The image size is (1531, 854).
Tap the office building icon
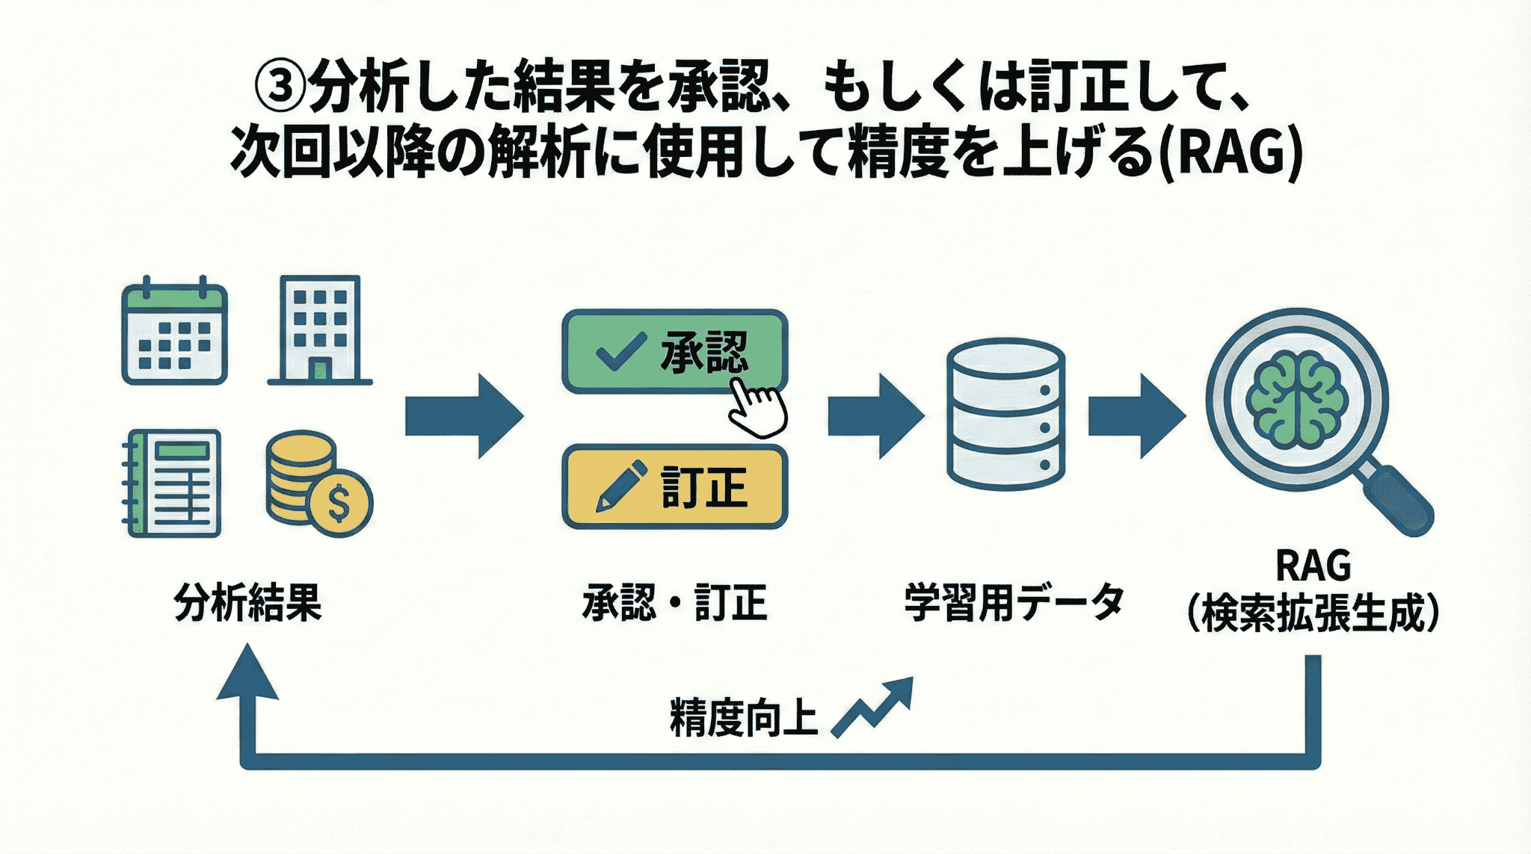tap(320, 330)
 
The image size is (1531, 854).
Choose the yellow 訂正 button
tap(674, 487)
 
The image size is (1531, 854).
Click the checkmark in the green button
tap(620, 351)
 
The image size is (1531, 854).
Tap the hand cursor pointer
tap(757, 407)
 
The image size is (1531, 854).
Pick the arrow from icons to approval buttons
tap(463, 416)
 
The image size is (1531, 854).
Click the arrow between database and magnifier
tap(1136, 416)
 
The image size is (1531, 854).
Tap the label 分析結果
tap(247, 602)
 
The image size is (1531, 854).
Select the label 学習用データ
tap(1014, 602)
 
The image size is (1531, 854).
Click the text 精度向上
tap(743, 718)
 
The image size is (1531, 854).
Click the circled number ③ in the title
tap(280, 87)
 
